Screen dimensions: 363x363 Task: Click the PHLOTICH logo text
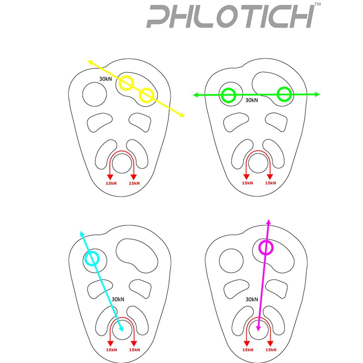coord(231,17)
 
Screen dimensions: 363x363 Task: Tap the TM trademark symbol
coord(318,4)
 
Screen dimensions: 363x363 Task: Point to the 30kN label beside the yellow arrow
coord(106,79)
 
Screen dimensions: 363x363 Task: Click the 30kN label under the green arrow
coord(252,100)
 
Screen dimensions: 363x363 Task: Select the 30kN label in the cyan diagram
coord(118,299)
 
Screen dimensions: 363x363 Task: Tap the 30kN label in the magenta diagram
coord(252,299)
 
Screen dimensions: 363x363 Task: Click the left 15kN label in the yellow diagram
coord(111,183)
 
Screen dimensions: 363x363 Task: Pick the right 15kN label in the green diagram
coord(271,183)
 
